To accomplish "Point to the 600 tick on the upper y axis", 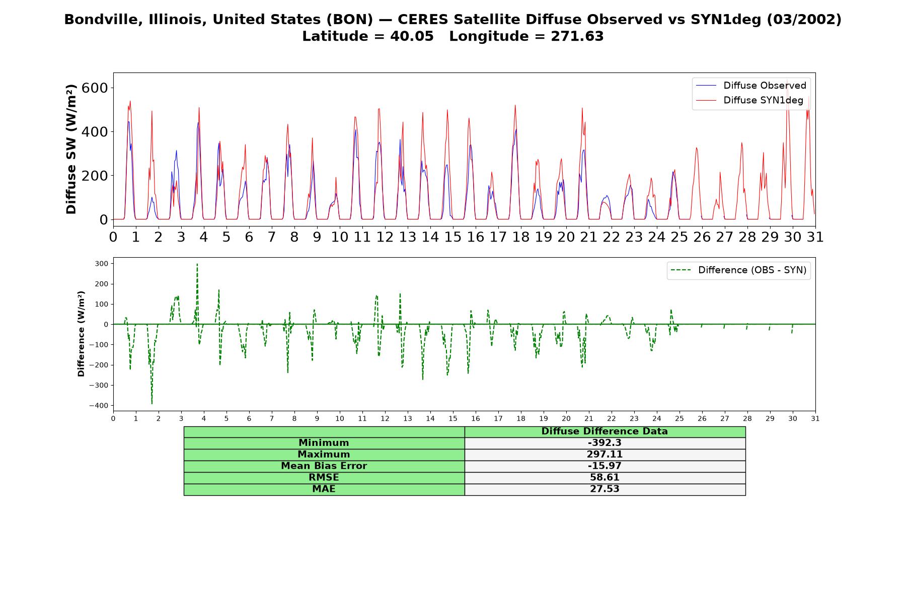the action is pyautogui.click(x=96, y=88).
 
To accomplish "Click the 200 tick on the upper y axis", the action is pyautogui.click(x=96, y=176).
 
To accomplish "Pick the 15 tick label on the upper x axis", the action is pyautogui.click(x=452, y=237).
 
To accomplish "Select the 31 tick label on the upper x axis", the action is pyautogui.click(x=815, y=237).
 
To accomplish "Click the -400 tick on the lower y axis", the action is pyautogui.click(x=99, y=406).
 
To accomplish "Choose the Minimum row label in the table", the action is pyautogui.click(x=324, y=443).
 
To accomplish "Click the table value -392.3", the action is pyautogui.click(x=605, y=443).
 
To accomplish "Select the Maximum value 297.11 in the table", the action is pyautogui.click(x=605, y=455).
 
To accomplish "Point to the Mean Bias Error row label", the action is pyautogui.click(x=324, y=466).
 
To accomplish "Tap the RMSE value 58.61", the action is pyautogui.click(x=605, y=478).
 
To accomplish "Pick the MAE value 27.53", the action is pyautogui.click(x=605, y=489).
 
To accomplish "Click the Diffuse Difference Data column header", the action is pyautogui.click(x=605, y=431).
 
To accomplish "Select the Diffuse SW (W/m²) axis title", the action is pyautogui.click(x=71, y=149).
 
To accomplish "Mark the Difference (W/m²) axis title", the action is pyautogui.click(x=81, y=334).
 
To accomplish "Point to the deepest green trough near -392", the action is pyautogui.click(x=152, y=404).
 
